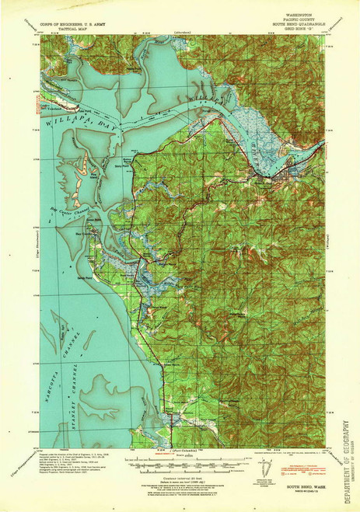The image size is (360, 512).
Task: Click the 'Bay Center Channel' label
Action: click(x=75, y=208)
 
